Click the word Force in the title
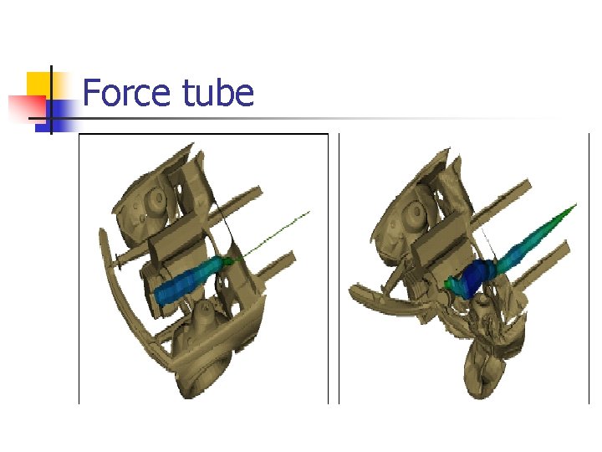(x=125, y=92)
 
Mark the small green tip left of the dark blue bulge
(x=451, y=285)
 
